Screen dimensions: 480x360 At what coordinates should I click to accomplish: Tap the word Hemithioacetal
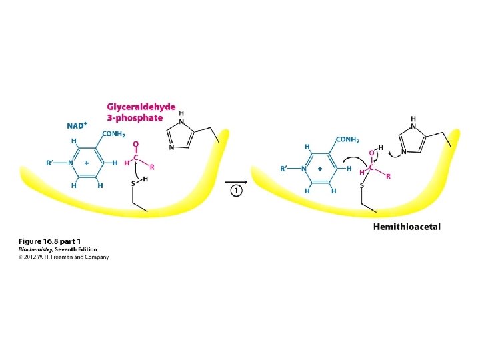click(407, 227)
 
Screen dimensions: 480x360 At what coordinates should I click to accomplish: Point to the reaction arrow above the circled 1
click(236, 179)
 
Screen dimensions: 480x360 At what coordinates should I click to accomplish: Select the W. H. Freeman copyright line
click(63, 257)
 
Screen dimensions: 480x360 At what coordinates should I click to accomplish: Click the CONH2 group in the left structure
click(115, 133)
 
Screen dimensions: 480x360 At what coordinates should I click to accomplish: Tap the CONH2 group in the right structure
click(347, 139)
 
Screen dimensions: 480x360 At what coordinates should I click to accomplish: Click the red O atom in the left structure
click(136, 144)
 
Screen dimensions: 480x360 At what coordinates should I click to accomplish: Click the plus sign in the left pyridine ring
click(87, 163)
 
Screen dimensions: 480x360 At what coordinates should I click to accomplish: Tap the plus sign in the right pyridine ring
click(320, 169)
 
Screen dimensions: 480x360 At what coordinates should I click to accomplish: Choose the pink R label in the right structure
click(389, 177)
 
